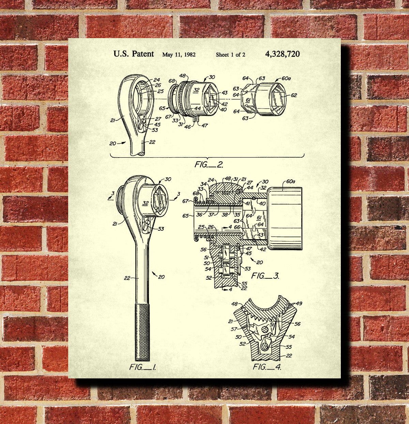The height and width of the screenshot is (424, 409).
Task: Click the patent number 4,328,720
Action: point(282,54)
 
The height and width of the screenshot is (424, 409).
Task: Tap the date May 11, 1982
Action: point(179,54)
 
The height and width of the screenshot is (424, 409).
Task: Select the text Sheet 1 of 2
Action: point(230,54)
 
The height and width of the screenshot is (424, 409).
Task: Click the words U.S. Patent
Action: point(134,54)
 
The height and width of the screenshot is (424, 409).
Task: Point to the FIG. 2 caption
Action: point(209,165)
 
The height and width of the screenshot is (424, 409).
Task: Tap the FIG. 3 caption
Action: point(265,276)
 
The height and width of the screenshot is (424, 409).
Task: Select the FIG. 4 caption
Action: point(267,367)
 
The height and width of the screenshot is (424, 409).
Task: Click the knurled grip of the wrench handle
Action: point(142,332)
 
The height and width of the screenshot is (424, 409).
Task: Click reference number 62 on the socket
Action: point(293,95)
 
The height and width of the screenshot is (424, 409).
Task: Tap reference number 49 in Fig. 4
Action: point(299,304)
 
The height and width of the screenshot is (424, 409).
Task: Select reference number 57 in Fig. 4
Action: point(234,329)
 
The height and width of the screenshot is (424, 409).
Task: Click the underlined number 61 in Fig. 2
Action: point(248,100)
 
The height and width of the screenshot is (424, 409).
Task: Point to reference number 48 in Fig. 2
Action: point(182,76)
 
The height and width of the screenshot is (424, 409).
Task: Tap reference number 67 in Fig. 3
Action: point(185,201)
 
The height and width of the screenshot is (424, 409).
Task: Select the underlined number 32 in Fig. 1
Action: point(146,203)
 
